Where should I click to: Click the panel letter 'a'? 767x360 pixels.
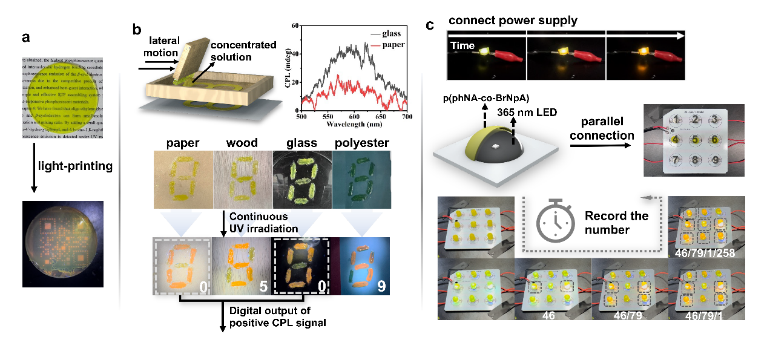click(25, 38)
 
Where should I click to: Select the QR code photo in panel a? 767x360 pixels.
click(63, 243)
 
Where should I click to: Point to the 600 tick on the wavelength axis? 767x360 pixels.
click(362, 116)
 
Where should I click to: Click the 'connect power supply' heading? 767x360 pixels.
click(513, 21)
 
